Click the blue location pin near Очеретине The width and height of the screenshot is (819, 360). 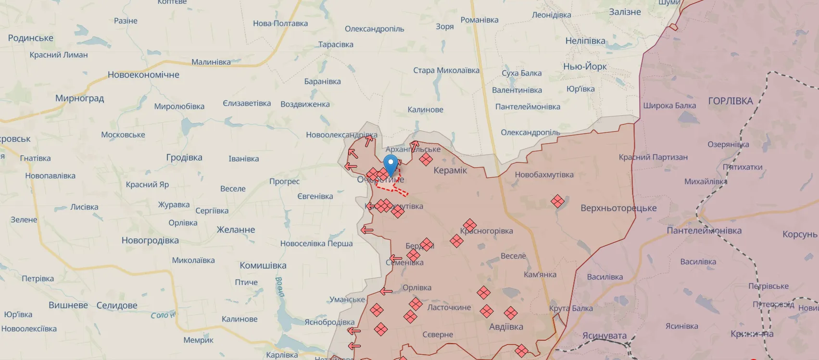click(391, 164)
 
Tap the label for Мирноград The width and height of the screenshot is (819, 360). click(79, 98)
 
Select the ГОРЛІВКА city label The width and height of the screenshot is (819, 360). click(730, 101)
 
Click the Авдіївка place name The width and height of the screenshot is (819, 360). click(506, 327)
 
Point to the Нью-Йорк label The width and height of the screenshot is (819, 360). click(585, 66)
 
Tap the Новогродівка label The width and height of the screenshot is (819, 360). click(150, 240)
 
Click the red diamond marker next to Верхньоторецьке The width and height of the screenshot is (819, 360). click(557, 201)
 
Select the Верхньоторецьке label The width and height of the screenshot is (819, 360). click(618, 208)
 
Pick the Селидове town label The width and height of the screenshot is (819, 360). click(117, 305)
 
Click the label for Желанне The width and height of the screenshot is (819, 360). click(236, 230)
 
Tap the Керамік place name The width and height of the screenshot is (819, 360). click(450, 170)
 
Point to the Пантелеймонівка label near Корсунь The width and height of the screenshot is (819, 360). click(704, 231)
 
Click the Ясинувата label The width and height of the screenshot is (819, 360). click(605, 335)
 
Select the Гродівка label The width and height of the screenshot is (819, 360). click(184, 158)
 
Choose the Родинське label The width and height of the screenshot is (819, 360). click(31, 38)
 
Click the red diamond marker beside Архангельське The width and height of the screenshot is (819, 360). click(426, 159)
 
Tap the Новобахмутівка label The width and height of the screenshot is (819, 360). click(544, 175)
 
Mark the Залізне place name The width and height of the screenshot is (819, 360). click(625, 12)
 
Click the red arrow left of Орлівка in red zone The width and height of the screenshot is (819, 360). click(386, 291)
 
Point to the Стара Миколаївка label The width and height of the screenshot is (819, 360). click(446, 71)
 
